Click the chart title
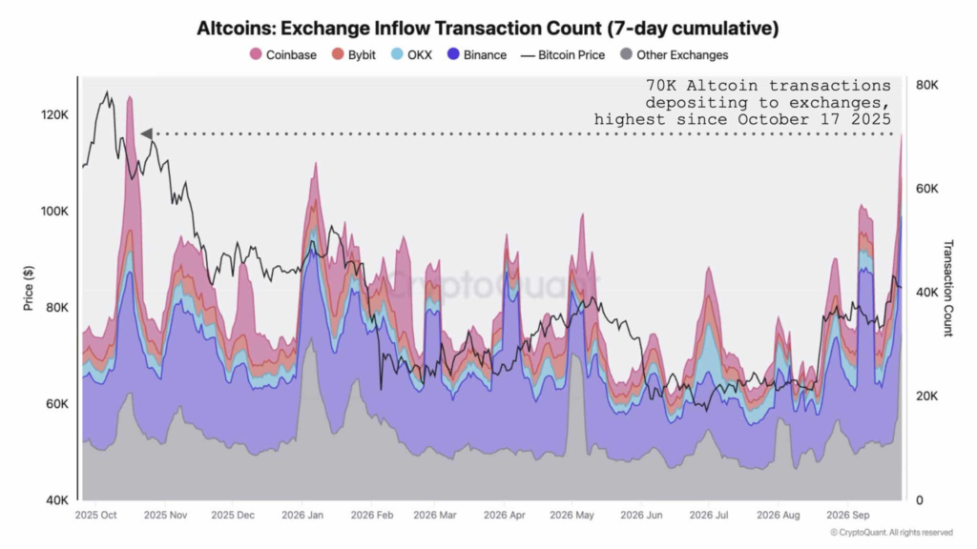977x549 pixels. [x=488, y=28]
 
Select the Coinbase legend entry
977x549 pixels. [x=282, y=54]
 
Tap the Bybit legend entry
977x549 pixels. [x=353, y=54]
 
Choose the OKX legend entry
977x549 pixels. [x=411, y=54]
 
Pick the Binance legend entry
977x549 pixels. [x=477, y=54]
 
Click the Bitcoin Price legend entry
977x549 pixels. [x=563, y=54]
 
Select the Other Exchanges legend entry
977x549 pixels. [x=675, y=54]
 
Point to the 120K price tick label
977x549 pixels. [x=54, y=115]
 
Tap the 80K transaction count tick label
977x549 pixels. [x=927, y=85]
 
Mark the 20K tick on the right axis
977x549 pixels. [x=927, y=396]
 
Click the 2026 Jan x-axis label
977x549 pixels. [x=302, y=516]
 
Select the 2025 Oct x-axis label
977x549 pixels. [x=96, y=516]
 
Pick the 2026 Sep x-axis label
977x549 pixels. [x=847, y=516]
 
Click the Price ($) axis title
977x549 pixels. [x=28, y=288]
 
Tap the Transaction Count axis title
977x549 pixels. [x=948, y=288]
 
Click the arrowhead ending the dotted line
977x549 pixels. [x=146, y=133]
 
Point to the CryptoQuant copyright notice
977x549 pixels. [x=892, y=533]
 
